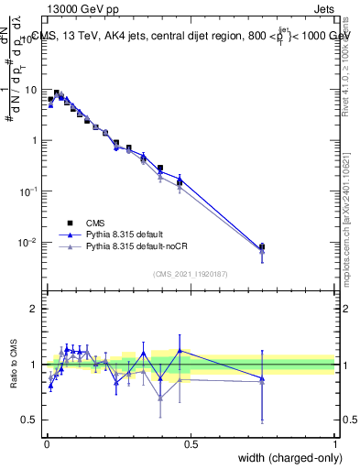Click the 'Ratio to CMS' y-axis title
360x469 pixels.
tap(14, 364)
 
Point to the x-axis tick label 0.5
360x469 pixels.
tap(191, 442)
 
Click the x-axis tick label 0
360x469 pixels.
tap(46, 442)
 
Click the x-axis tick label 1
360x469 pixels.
tap(335, 442)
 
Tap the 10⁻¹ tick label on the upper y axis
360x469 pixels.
tap(30, 191)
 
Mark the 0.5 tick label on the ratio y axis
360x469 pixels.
tap(30, 420)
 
